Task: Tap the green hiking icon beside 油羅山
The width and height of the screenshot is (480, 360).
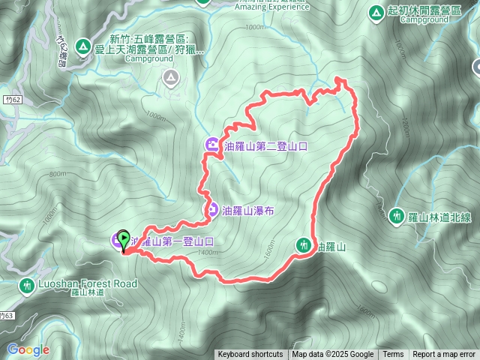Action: pyautogui.click(x=304, y=244)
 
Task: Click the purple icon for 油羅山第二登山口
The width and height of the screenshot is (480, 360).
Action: pyautogui.click(x=212, y=145)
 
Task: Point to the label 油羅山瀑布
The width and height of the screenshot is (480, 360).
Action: pyautogui.click(x=248, y=211)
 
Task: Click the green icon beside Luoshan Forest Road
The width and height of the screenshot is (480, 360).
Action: pyautogui.click(x=27, y=285)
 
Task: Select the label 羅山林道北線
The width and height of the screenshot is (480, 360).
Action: pyautogui.click(x=435, y=217)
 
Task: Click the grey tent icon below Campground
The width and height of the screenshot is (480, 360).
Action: pyautogui.click(x=171, y=76)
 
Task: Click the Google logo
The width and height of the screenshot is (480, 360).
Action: pyautogui.click(x=28, y=349)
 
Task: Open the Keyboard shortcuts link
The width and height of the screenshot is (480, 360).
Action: pyautogui.click(x=250, y=355)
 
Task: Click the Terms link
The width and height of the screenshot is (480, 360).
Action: pyautogui.click(x=393, y=355)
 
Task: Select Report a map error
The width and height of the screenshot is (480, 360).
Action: pyautogui.click(x=444, y=355)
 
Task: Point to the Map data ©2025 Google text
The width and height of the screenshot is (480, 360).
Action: pyautogui.click(x=333, y=355)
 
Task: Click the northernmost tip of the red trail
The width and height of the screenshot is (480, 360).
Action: pyautogui.click(x=340, y=78)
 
